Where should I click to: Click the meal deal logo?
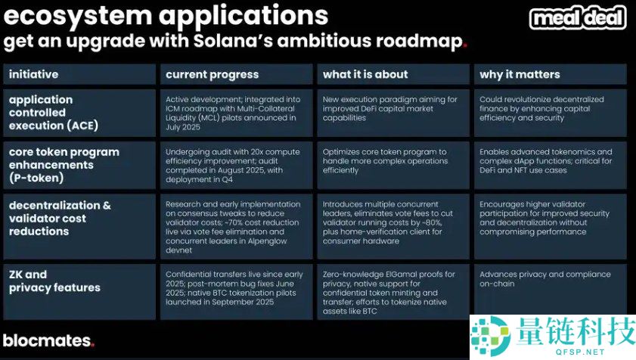coord(578,18)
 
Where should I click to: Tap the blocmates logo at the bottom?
coord(48,341)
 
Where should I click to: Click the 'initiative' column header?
coord(34,74)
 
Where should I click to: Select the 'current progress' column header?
coord(213,75)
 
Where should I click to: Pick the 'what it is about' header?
coord(365,74)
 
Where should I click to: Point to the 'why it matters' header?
coord(520,75)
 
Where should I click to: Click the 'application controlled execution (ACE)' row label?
coord(54,113)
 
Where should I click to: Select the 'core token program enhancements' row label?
coord(64,165)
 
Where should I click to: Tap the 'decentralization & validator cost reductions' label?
coord(60,219)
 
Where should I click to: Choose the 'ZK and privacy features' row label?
coord(54,281)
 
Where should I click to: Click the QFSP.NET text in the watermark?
coord(580,352)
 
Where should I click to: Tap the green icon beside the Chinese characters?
coord(490,337)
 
